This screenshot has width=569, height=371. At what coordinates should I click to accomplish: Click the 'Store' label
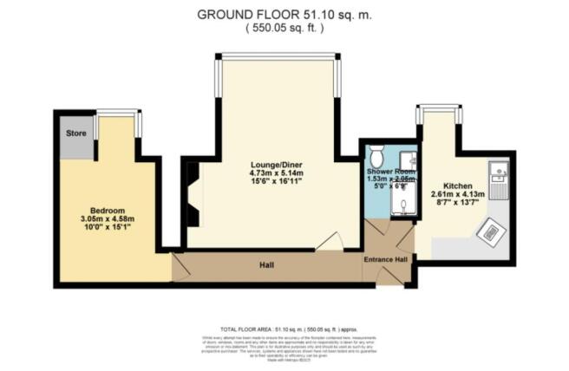tap(75, 133)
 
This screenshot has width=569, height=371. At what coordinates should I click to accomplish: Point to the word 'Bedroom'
tap(108, 211)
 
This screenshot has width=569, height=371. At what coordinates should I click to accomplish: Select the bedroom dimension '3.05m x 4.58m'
tap(108, 219)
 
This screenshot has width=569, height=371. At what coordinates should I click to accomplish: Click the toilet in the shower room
tap(376, 157)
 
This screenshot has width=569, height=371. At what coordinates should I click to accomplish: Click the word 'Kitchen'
tap(457, 185)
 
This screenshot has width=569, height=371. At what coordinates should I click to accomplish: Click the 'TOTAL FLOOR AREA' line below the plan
tap(284, 330)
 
